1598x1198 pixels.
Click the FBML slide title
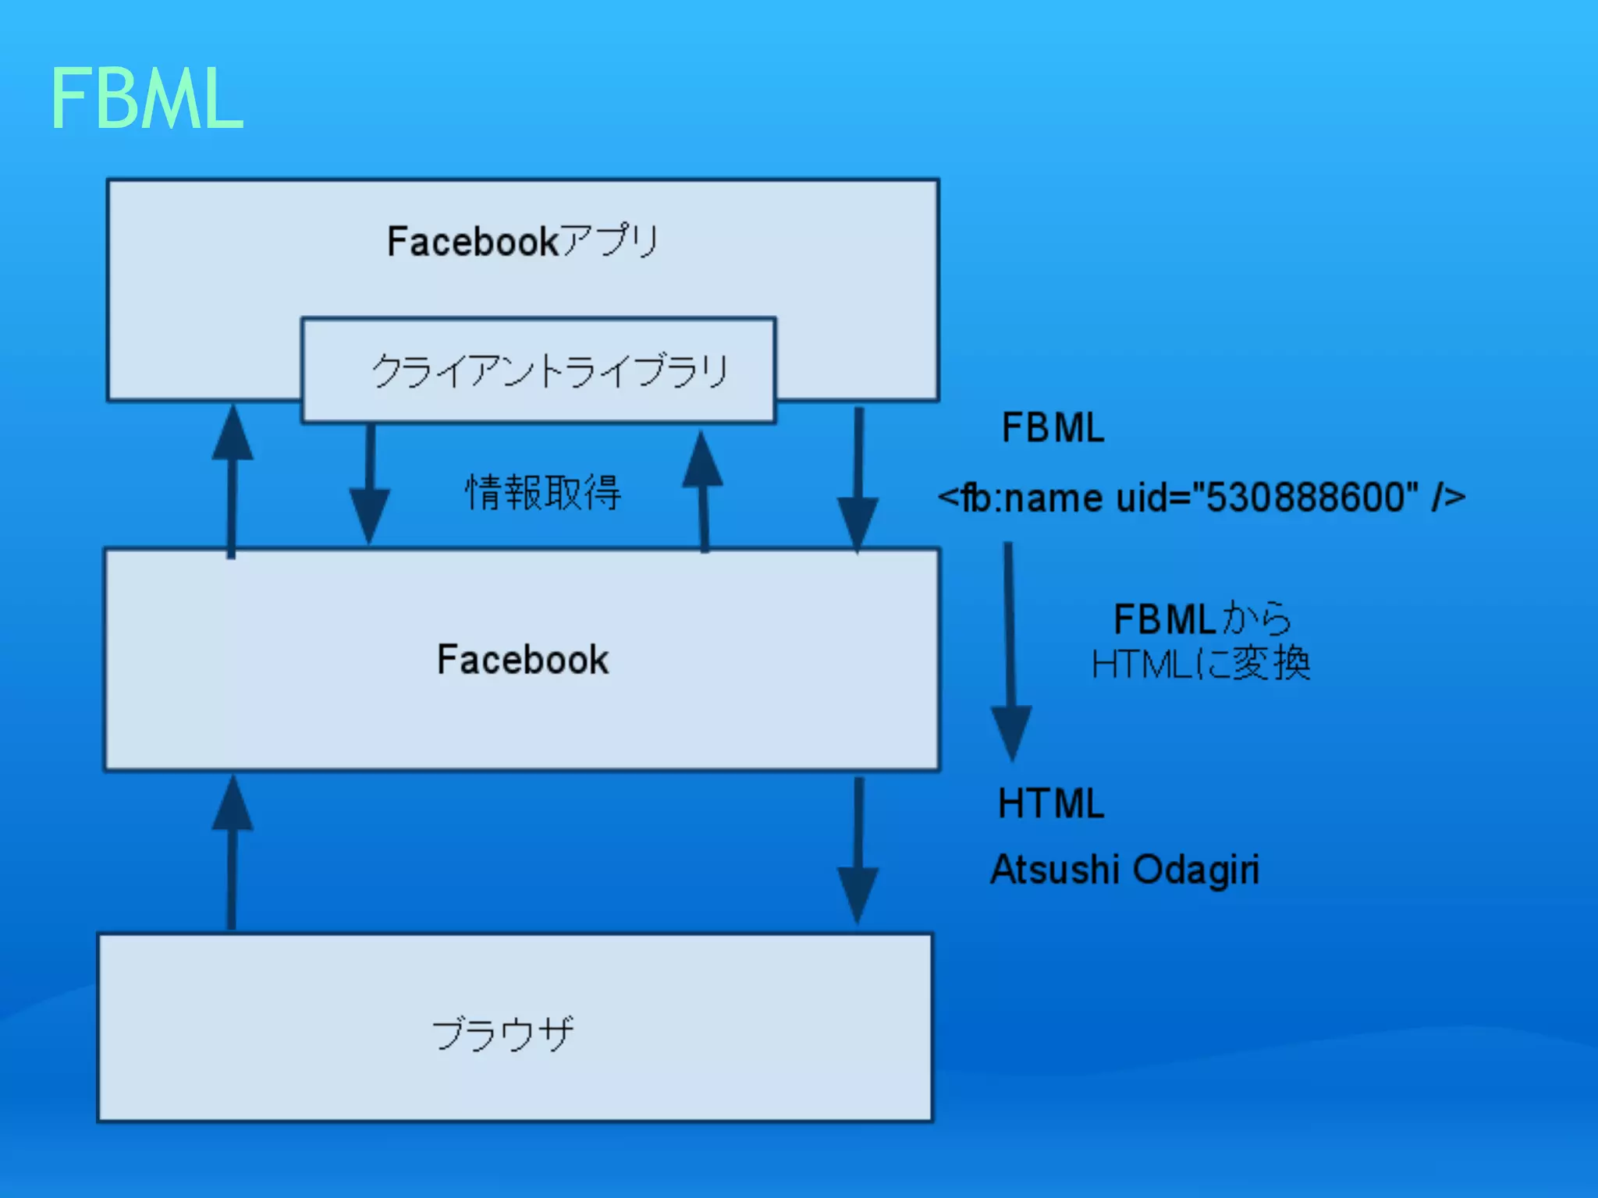point(147,99)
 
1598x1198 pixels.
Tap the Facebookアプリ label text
point(523,241)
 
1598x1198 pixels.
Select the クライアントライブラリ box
point(538,370)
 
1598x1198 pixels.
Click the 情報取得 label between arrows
point(543,493)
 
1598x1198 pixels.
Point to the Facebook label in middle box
point(522,660)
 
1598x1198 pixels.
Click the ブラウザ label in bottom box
point(503,1033)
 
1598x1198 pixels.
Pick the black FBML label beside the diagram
point(1053,427)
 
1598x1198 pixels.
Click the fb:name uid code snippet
point(1201,498)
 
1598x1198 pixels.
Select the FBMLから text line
point(1202,619)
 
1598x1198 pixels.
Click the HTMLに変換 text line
point(1201,665)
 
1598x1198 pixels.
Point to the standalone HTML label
point(1051,803)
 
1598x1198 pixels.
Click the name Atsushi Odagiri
point(1124,870)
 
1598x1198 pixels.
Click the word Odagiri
point(1195,870)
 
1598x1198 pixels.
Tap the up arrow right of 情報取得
point(703,491)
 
